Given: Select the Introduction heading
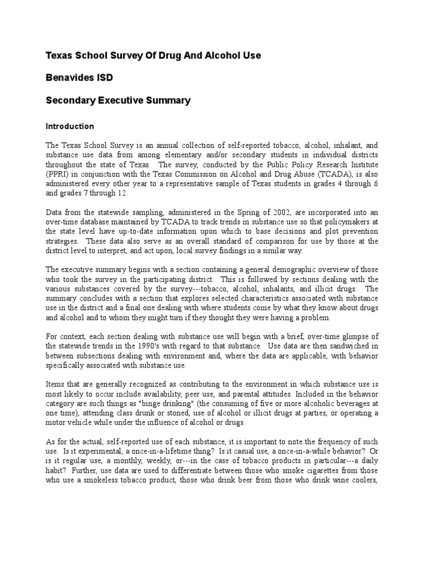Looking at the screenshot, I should [70, 126].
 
